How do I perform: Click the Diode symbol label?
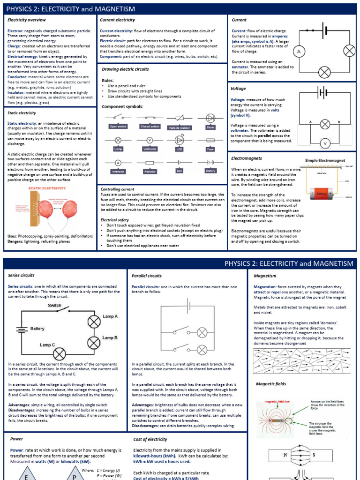click(x=210, y=127)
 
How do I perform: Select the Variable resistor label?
click(x=180, y=127)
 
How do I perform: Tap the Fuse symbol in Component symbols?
click(x=210, y=140)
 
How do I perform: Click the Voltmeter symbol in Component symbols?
click(x=150, y=140)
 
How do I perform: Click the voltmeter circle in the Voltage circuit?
click(x=325, y=143)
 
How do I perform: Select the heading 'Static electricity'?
click(x=22, y=113)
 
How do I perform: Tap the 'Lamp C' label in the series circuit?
click(x=48, y=345)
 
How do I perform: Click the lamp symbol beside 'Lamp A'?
click(x=94, y=321)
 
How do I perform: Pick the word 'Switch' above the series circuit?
click(x=55, y=305)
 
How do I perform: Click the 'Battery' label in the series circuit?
click(x=37, y=329)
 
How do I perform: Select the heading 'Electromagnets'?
click(x=246, y=158)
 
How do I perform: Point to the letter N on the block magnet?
click(x=285, y=455)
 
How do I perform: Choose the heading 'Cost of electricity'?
click(x=150, y=439)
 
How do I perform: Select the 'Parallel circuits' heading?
click(x=147, y=276)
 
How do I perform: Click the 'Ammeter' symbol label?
click(x=119, y=171)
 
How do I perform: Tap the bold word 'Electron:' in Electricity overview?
click(x=16, y=30)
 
